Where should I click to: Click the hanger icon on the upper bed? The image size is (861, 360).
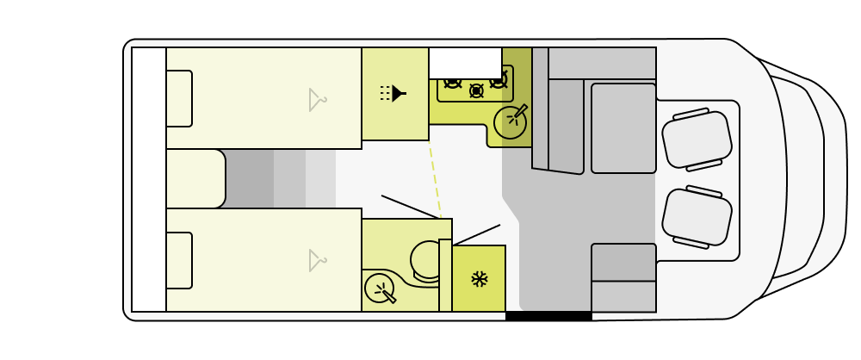(x=317, y=100)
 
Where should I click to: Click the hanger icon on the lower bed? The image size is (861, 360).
(x=317, y=261)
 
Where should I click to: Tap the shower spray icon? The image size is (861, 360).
(x=393, y=93)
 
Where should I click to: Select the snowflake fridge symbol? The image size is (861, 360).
(x=480, y=279)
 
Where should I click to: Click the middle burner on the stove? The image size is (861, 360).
(x=476, y=90)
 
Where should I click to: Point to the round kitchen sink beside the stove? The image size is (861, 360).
(x=509, y=123)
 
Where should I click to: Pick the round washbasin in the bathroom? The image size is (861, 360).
(x=379, y=288)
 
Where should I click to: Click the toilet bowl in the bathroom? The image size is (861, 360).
(x=426, y=260)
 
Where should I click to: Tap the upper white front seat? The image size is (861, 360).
(x=697, y=140)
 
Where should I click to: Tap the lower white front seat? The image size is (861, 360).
(x=697, y=217)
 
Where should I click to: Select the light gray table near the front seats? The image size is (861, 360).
(x=623, y=128)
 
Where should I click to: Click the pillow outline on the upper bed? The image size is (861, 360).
(x=179, y=99)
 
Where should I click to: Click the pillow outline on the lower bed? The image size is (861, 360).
(x=179, y=260)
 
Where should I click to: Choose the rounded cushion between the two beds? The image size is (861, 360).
(x=195, y=179)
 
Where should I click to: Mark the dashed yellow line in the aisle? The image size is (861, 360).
(x=435, y=179)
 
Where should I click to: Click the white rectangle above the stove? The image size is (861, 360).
(x=465, y=64)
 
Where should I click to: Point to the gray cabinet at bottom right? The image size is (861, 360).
(x=623, y=278)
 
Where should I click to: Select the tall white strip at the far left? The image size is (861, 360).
(x=149, y=179)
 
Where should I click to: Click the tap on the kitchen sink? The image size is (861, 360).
(x=520, y=111)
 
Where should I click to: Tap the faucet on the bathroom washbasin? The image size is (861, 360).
(x=388, y=296)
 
